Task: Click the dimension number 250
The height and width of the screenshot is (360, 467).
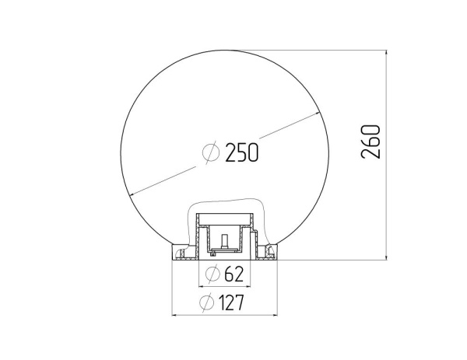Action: pos(241,152)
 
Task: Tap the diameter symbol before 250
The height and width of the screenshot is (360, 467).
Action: pos(211,152)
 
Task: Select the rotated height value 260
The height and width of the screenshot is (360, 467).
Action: pos(370,142)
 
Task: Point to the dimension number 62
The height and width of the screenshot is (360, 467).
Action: pos(233,274)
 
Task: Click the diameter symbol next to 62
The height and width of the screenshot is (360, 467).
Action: pos(212,274)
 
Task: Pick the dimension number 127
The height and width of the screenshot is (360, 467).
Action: pos(231,302)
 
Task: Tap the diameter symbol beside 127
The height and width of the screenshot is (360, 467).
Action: pos(207,302)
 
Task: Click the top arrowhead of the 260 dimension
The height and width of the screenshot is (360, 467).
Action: pos(386,54)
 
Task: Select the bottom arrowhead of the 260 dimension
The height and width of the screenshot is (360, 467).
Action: pos(386,257)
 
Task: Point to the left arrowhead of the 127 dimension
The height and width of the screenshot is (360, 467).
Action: pos(176,314)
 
